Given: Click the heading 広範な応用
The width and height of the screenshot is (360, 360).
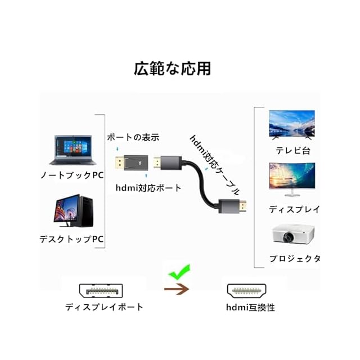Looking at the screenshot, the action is coord(172,69).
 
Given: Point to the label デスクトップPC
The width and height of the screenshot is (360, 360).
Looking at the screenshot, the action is coord(72,238).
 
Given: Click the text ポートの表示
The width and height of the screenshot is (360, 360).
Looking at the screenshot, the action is coord(133,137).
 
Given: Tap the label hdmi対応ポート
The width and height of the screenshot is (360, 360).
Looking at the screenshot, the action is coord(148,188).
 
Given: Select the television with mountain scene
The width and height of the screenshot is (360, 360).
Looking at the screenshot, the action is coord(291,123).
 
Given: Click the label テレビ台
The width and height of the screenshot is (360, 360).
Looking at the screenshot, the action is coord(292,150).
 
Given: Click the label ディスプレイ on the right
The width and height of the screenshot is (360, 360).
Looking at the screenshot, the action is coord(294,209).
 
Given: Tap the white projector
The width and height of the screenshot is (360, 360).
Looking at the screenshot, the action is coord(292,235).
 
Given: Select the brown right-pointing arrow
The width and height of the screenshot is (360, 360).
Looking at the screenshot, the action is coord(175,290).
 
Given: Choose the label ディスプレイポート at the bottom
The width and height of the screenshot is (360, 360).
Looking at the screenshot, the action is coord(104,307).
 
